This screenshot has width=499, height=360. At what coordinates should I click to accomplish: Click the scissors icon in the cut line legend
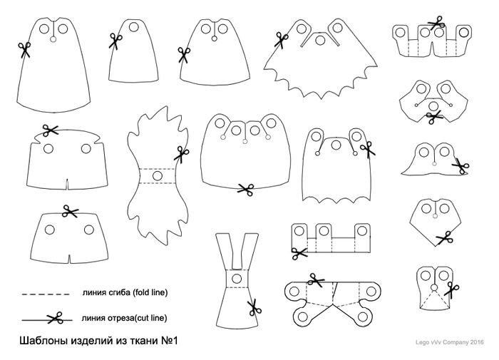coord(55,318)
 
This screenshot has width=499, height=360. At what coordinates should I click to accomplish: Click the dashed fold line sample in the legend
coord(46,294)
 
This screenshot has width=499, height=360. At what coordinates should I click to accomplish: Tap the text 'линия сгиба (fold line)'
coord(125,292)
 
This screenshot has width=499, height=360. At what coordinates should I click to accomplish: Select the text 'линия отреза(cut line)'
coord(124,318)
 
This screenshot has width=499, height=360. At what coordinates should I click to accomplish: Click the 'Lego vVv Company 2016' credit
coord(449,342)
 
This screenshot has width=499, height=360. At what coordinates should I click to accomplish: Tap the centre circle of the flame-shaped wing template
coord(158,175)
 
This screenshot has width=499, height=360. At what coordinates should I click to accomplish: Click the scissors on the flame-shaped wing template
coord(181,155)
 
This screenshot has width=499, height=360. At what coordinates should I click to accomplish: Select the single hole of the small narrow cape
coord(134,27)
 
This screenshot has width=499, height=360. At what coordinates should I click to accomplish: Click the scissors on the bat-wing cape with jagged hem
coord(281,41)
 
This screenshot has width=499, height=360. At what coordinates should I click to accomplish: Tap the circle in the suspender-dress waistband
coord(237,279)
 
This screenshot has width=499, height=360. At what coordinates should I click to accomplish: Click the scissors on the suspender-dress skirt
coord(254,307)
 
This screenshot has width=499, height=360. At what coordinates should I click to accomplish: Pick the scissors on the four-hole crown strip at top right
coord(436,23)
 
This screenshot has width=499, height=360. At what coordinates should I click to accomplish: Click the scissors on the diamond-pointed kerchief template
coord(444,238)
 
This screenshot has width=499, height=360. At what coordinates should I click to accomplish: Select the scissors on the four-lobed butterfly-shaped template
coord(316,280)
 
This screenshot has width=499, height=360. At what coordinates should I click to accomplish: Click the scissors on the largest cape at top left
coord(24,51)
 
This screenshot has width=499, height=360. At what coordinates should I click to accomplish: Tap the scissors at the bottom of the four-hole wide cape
coord(246,190)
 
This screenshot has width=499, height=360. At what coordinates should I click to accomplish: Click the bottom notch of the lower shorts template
coord(69,259)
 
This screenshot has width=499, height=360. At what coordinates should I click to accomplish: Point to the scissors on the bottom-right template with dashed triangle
coord(452,289)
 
